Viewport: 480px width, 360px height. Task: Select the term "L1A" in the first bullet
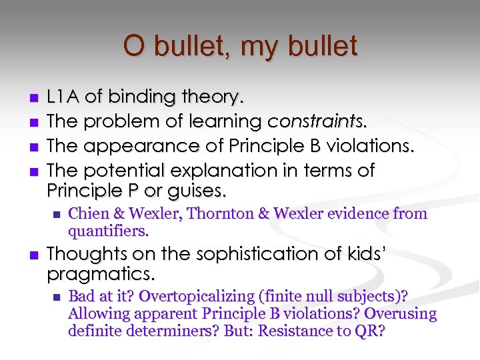point(63,97)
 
